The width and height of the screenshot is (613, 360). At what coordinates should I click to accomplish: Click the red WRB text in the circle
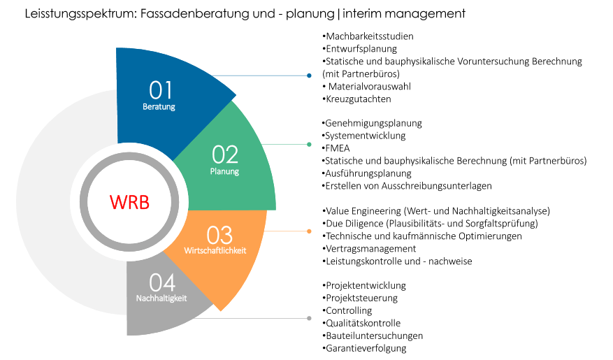pyautogui.click(x=129, y=202)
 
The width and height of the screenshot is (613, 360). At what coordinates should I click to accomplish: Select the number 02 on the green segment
pyautogui.click(x=225, y=154)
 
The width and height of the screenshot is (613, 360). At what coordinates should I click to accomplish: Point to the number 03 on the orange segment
pyautogui.click(x=219, y=235)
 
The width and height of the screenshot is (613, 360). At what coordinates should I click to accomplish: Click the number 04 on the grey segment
pyautogui.click(x=162, y=282)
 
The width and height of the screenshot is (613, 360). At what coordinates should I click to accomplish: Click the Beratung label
pyautogui.click(x=159, y=107)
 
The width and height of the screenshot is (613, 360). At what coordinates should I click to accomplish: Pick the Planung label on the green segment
pyautogui.click(x=224, y=171)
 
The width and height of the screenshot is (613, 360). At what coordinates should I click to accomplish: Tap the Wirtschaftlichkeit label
pyautogui.click(x=216, y=250)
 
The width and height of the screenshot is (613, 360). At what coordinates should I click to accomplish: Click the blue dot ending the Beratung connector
pyautogui.click(x=310, y=75)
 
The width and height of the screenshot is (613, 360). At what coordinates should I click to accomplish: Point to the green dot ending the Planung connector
pyautogui.click(x=310, y=145)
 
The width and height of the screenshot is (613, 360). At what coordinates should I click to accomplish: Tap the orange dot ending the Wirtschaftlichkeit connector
pyautogui.click(x=310, y=231)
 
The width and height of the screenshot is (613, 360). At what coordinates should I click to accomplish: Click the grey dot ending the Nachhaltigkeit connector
pyautogui.click(x=310, y=319)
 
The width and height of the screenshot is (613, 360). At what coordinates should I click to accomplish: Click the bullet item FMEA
pyautogui.click(x=338, y=148)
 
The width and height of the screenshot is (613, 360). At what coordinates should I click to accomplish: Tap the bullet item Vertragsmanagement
pyautogui.click(x=370, y=249)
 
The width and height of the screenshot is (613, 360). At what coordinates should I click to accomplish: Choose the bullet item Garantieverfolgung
pyautogui.click(x=366, y=348)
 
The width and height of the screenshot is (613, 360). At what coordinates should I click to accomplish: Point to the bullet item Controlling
pyautogui.click(x=348, y=310)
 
